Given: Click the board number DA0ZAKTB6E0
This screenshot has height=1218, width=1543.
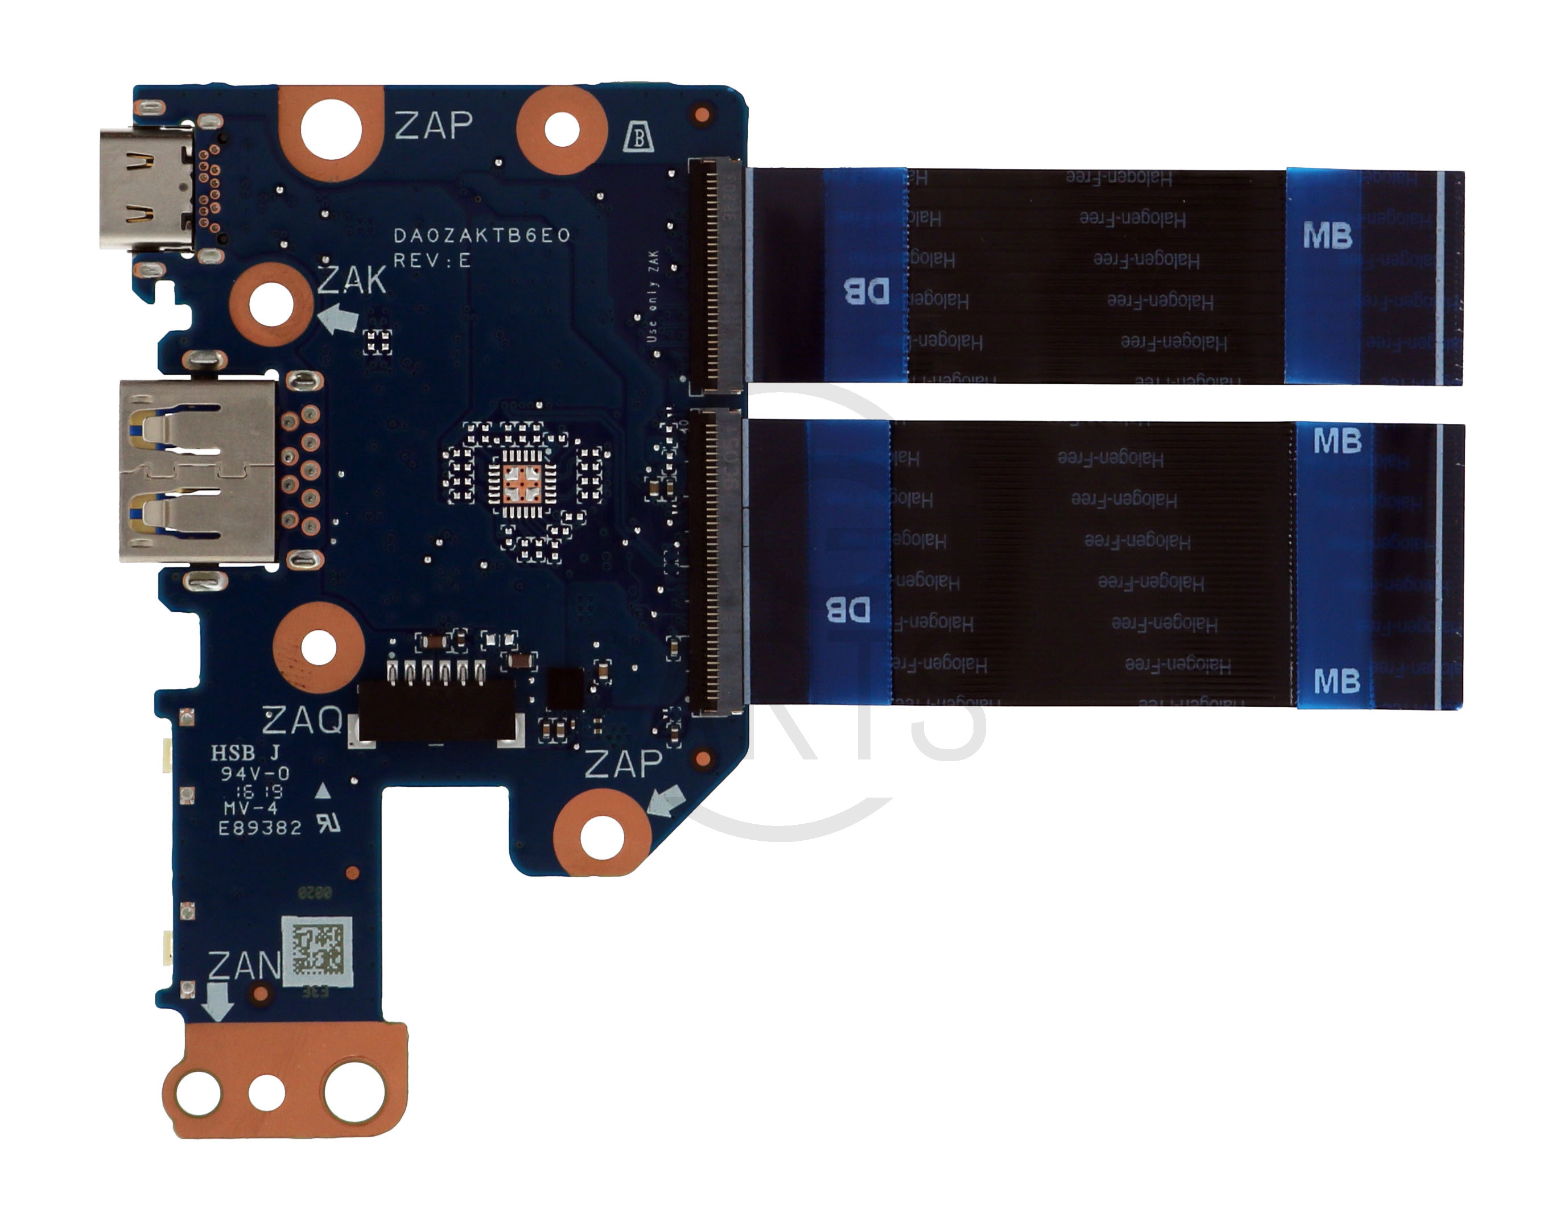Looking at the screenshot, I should click(482, 236).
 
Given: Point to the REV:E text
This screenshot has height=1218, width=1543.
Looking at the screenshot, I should click(432, 261).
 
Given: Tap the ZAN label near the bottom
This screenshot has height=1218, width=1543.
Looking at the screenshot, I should click(245, 967).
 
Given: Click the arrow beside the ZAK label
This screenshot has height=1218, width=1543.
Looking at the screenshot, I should click(339, 317).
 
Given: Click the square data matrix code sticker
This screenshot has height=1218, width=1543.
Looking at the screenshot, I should click(318, 951).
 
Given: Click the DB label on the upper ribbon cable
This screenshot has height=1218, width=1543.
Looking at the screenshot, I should click(867, 291).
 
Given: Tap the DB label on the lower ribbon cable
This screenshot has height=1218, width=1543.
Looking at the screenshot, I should click(848, 610).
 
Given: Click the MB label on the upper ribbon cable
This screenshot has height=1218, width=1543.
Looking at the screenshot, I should click(1327, 236).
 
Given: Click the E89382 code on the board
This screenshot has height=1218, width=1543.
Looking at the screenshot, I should click(259, 828).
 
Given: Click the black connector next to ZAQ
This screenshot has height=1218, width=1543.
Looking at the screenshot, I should click(436, 709).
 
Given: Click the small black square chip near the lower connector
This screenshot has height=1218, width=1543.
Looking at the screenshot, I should click(564, 688).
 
